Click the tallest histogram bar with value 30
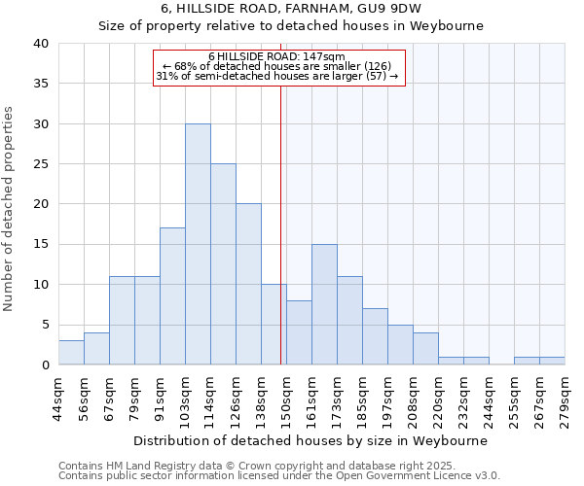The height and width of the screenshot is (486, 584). [198, 245]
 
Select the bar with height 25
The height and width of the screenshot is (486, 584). [223, 264]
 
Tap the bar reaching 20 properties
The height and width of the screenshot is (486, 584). [248, 285]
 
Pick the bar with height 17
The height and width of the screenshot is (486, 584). [172, 296]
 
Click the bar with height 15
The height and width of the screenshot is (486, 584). [324, 304]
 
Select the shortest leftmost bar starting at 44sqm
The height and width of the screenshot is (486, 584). [71, 353]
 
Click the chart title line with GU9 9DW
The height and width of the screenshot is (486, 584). [291, 8]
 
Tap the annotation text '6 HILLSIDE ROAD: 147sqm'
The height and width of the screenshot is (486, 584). [276, 56]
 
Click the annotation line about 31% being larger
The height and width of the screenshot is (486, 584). [276, 77]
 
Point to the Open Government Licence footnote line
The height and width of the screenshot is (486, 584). [279, 476]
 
